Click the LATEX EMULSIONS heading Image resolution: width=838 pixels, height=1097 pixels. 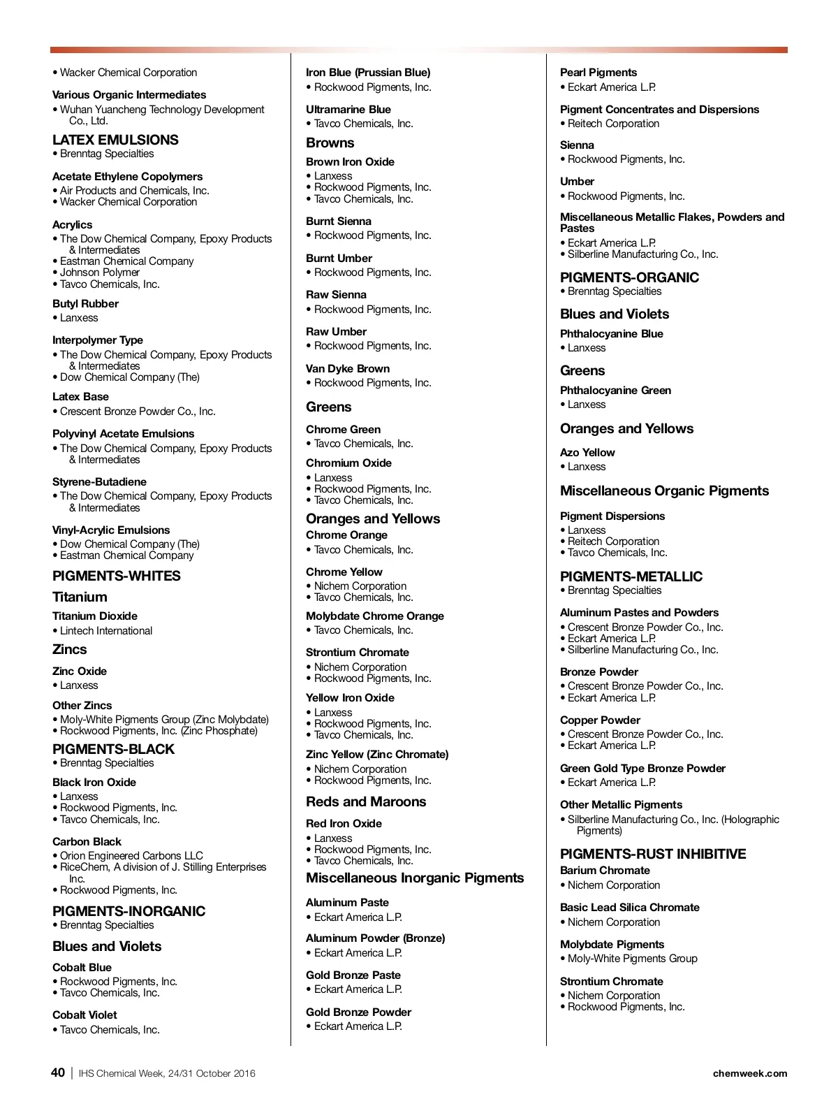click(115, 140)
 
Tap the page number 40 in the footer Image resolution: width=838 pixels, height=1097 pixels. click(58, 1073)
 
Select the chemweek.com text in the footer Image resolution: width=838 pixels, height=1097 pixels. click(749, 1073)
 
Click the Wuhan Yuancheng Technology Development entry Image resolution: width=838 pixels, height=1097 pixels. click(162, 110)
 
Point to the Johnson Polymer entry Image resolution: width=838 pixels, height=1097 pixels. click(100, 273)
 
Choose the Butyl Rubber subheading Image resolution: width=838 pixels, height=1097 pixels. click(85, 304)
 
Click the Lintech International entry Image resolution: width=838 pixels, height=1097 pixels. click(106, 631)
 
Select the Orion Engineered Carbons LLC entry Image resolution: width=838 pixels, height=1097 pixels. click(131, 856)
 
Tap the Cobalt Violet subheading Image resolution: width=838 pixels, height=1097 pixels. click(84, 1015)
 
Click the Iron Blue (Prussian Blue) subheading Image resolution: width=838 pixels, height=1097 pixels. click(368, 73)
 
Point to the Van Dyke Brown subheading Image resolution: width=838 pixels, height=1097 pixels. click(348, 369)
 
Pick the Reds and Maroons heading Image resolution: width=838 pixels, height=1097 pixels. click(366, 802)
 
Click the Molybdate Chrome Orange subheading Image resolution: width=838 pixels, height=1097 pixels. click(375, 616)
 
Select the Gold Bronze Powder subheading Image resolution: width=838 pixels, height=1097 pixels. click(358, 1012)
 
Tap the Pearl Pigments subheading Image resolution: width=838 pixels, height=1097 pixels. click(598, 73)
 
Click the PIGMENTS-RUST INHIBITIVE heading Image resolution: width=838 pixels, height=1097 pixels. click(653, 854)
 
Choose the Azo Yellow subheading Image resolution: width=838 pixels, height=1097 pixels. click(587, 453)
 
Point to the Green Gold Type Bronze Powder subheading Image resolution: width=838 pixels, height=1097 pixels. click(642, 769)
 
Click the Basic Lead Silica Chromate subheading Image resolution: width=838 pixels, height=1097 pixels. click(629, 908)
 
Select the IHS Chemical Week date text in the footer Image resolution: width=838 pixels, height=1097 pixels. click(167, 1073)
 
